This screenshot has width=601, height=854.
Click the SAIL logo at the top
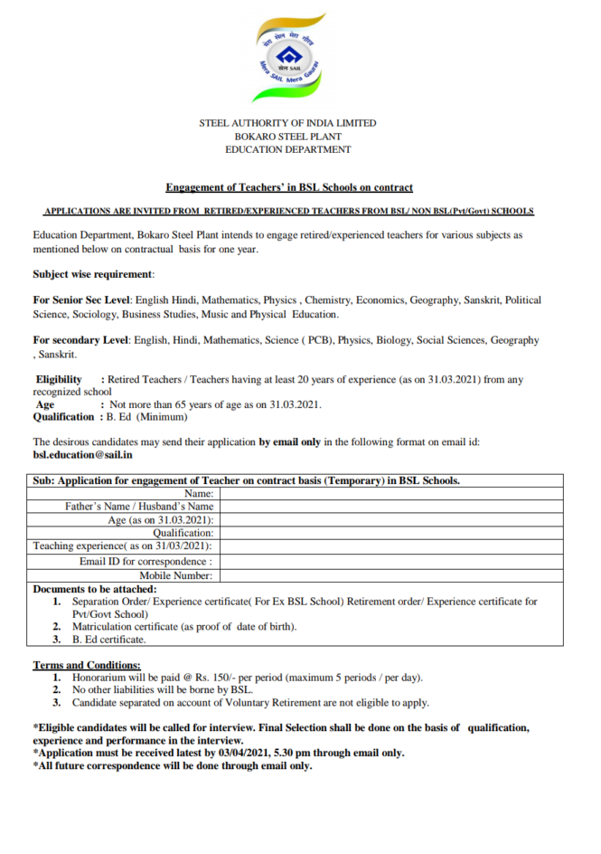(x=287, y=59)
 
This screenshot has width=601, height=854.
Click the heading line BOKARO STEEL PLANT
(x=287, y=136)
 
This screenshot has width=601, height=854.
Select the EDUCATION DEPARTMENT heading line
(x=287, y=149)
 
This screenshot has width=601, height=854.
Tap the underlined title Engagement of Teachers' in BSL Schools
(x=289, y=187)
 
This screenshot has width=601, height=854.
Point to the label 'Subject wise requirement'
(x=93, y=273)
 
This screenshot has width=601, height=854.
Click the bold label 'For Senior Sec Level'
(x=82, y=299)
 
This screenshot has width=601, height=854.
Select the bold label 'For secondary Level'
(x=81, y=340)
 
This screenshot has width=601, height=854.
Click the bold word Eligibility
(x=59, y=379)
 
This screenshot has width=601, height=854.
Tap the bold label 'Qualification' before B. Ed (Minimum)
(x=65, y=417)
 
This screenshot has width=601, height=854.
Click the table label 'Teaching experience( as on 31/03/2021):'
(x=123, y=546)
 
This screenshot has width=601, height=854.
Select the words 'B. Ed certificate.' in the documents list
(x=108, y=639)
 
